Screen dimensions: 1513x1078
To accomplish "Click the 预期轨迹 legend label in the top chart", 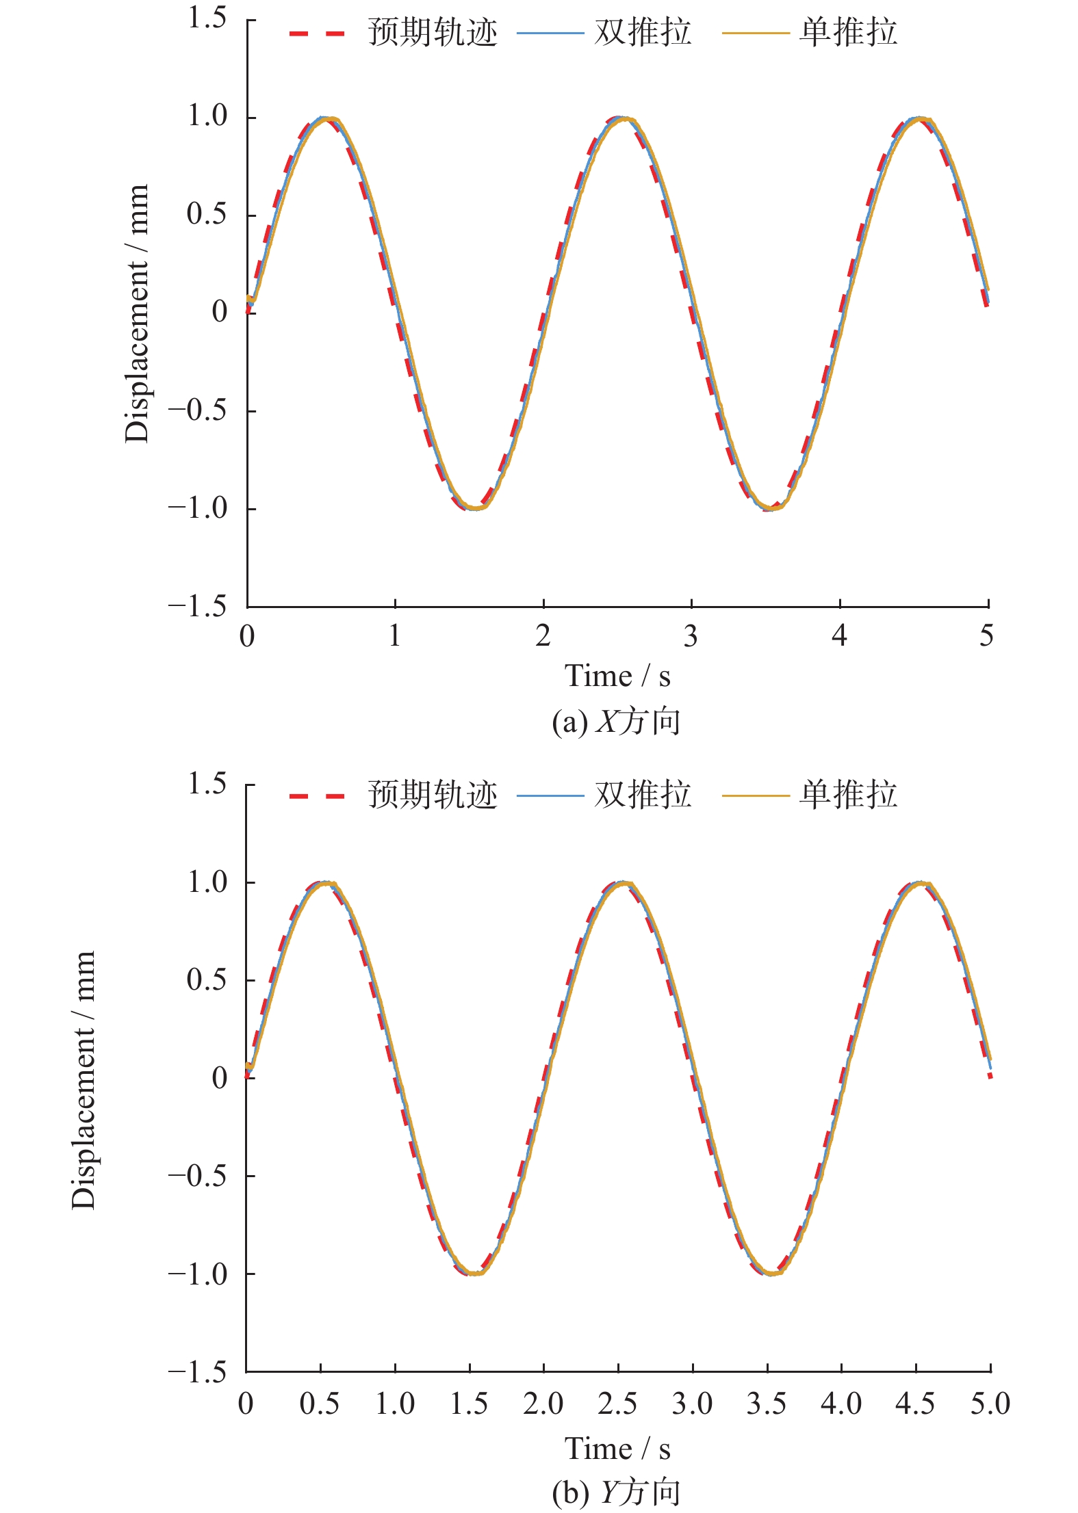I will coord(433,32).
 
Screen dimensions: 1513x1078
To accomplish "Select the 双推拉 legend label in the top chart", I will coord(643,32).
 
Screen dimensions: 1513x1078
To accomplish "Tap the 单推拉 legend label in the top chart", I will coord(848,32).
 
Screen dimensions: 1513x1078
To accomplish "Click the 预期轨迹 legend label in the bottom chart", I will coord(433,795).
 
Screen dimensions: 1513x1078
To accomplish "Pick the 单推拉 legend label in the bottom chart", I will coord(848,795).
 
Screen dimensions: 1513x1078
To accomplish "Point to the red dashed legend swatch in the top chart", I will coord(317,33).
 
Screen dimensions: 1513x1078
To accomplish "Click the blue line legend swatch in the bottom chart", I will coord(550,795).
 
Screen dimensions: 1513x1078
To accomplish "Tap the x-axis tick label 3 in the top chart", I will coord(691,637).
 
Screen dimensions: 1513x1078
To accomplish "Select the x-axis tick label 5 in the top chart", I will coord(986,637).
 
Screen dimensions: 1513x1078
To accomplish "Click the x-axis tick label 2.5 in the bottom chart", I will coord(617,1404).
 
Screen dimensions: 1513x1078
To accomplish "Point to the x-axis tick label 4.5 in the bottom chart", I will coord(915,1404).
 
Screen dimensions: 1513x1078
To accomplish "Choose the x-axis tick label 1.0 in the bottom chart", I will coord(395,1404).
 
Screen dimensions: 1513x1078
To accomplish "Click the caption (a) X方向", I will coord(616,722).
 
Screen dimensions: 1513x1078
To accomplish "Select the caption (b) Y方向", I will coord(616,1492).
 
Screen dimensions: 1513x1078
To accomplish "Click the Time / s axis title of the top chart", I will coord(617,676).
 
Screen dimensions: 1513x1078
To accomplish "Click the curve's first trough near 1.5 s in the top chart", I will coord(474,508).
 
